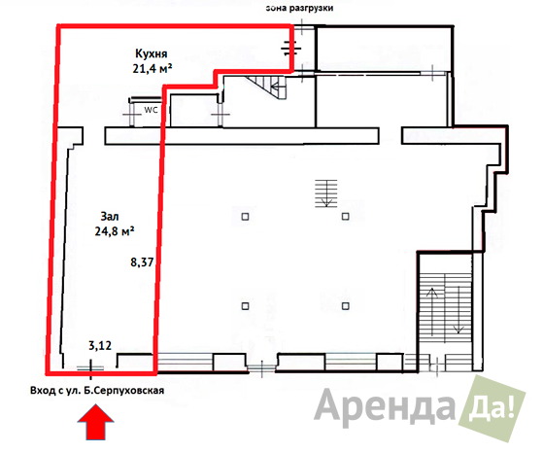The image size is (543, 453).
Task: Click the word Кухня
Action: pos(151,53)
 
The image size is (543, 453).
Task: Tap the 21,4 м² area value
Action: pos(153,69)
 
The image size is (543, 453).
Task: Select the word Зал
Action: pos(110,217)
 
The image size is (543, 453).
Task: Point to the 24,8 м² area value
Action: pos(115,230)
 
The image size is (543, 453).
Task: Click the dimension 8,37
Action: pos(142,262)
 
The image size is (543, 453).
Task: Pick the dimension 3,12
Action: pos(100,345)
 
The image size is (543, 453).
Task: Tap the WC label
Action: pos(151,110)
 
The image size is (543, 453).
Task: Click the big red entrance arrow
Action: pos(95,422)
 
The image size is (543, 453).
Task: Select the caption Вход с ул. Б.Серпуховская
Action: pos(97,391)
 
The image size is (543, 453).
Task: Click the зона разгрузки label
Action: pos(299,8)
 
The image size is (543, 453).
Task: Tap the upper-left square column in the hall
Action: pos(245,217)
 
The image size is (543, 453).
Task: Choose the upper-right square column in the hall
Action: pos(345,217)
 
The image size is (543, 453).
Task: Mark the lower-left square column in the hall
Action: pos(245,306)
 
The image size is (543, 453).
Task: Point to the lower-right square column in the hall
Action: pos(345,306)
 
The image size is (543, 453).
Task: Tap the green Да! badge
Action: pos(492,408)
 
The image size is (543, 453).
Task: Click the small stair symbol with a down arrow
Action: pos(325,193)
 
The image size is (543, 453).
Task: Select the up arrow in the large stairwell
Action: pos(432,312)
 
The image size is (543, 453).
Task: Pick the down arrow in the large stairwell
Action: pos(458,310)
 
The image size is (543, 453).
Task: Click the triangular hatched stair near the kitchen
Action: pos(267,87)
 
